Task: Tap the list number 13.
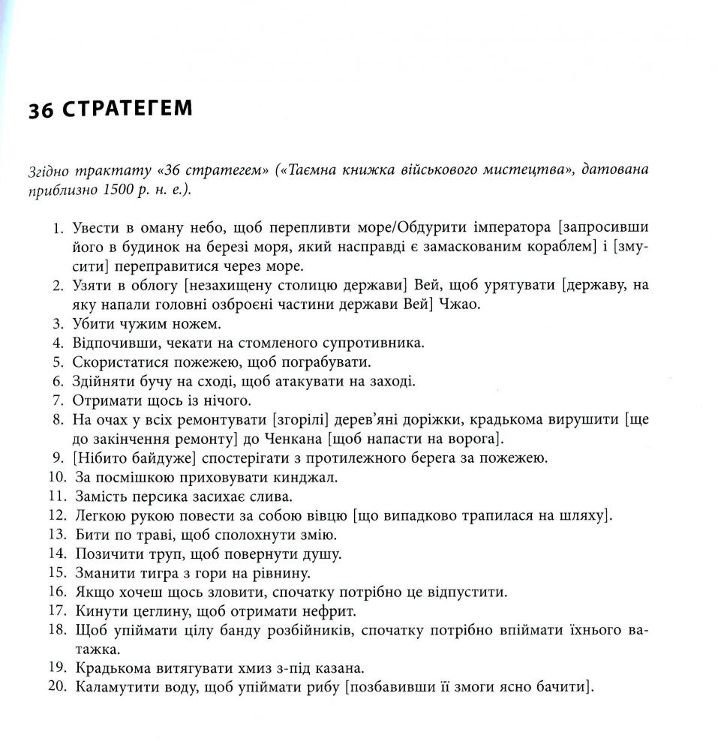tap(56, 535)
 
